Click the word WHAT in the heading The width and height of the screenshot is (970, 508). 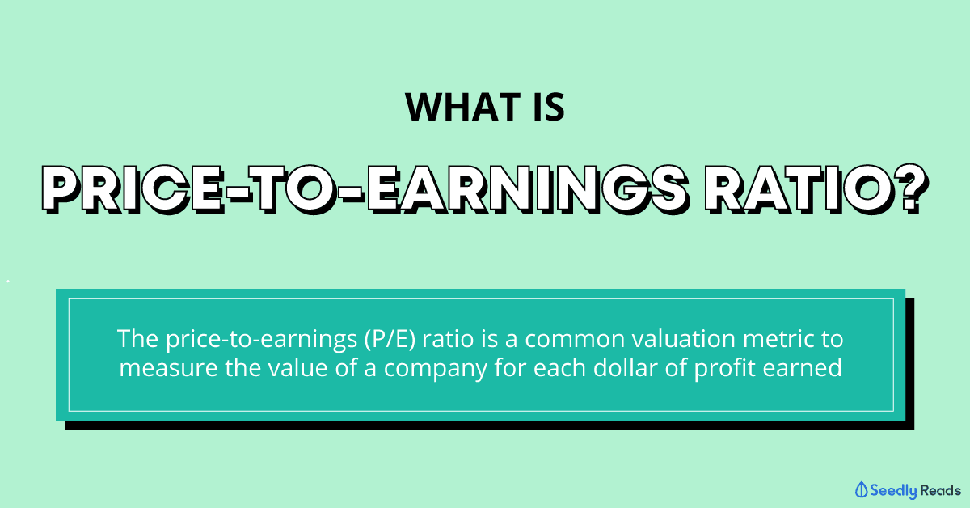click(x=462, y=107)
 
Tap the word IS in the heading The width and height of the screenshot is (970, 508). click(x=549, y=107)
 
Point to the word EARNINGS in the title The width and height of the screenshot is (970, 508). click(x=527, y=189)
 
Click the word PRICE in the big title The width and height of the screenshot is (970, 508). click(x=133, y=189)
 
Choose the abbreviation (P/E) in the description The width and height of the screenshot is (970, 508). click(x=390, y=339)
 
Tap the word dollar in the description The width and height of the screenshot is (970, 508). click(x=626, y=367)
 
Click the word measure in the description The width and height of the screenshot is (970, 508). click(x=168, y=368)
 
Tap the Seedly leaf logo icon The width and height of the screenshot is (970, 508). click(x=862, y=489)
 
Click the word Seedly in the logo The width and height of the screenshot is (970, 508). click(x=893, y=491)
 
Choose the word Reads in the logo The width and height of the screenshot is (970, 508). click(x=940, y=490)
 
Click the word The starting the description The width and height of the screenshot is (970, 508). click(x=137, y=338)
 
